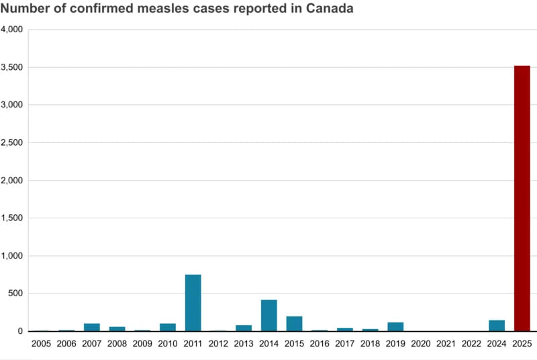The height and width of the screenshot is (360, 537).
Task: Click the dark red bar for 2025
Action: click(522, 198)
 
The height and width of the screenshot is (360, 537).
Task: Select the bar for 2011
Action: click(193, 303)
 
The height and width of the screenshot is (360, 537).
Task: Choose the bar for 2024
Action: click(497, 326)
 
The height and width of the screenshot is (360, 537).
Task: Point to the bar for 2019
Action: click(395, 327)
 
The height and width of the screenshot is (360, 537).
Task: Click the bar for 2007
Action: click(92, 327)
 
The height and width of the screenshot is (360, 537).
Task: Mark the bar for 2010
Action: click(168, 327)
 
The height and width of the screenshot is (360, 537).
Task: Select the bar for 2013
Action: click(244, 328)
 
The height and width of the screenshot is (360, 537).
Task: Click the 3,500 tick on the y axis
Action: click(13, 67)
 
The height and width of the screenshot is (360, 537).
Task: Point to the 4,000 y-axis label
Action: click(13, 30)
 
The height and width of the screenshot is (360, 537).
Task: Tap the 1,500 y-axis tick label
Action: click(13, 218)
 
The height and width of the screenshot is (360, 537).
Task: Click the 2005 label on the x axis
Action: click(41, 344)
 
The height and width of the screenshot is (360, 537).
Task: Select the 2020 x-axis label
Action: click(421, 344)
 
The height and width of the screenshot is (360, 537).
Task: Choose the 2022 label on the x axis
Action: click(471, 344)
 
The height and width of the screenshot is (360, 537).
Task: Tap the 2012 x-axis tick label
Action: click(218, 344)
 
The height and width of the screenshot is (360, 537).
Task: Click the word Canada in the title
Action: click(328, 9)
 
